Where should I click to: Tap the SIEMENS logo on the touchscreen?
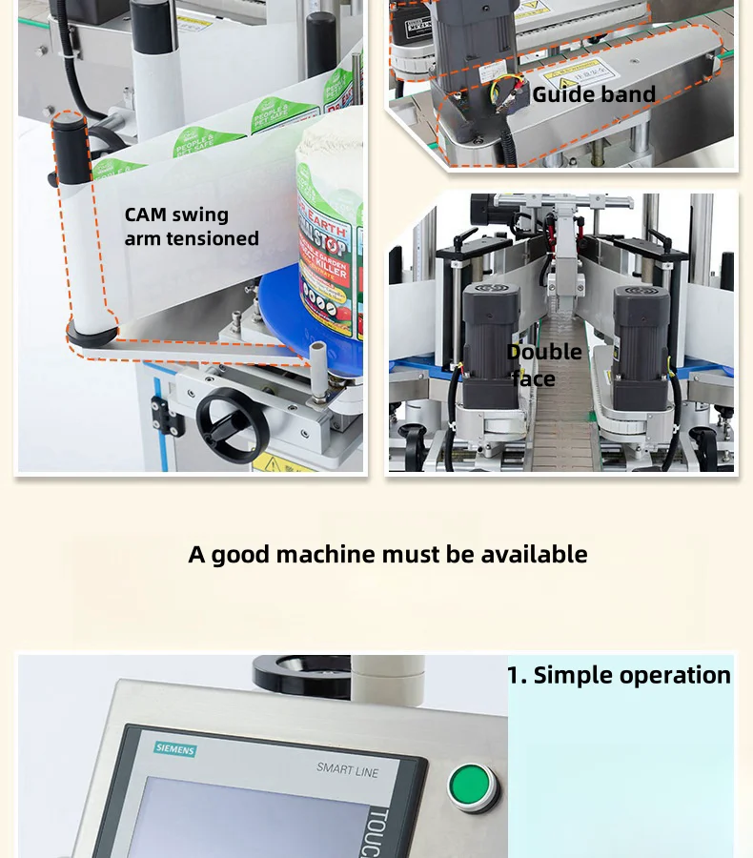point(174,748)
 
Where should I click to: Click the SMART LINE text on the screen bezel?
point(347,768)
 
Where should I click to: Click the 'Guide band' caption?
point(593,94)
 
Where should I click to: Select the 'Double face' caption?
point(544,365)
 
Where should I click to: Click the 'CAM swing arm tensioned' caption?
point(192,227)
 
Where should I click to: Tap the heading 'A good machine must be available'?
point(387,554)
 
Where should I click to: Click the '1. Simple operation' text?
point(619,675)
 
